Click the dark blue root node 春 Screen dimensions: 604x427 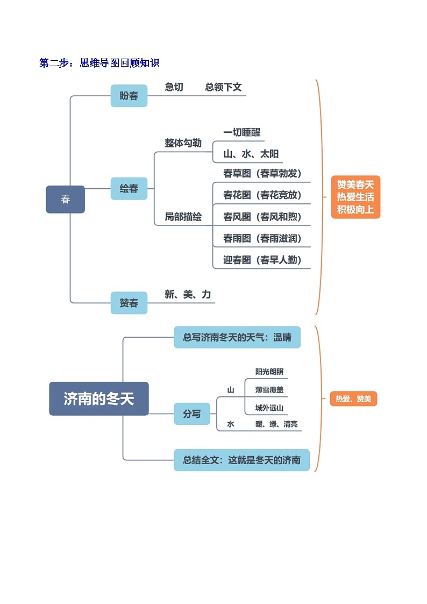point(65,200)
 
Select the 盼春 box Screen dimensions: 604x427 point(129,96)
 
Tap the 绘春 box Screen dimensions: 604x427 point(129,189)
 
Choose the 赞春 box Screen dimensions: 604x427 point(129,303)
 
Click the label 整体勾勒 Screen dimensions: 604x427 point(183,143)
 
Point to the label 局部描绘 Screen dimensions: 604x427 point(183,217)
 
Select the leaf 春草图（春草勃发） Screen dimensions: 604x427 point(262,174)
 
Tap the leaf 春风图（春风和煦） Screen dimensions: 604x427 point(262,217)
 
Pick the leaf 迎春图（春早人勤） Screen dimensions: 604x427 point(262,260)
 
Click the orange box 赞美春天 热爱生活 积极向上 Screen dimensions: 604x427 point(355,197)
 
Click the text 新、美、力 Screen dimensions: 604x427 point(188,295)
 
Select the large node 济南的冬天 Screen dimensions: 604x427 point(98,399)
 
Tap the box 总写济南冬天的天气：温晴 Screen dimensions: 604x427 point(237,337)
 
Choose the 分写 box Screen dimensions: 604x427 point(192,414)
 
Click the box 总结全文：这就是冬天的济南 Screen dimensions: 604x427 point(241,460)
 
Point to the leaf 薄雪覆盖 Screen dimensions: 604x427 point(269,390)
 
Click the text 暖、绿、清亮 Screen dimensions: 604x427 point(276,424)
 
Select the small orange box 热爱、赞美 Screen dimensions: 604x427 point(353,399)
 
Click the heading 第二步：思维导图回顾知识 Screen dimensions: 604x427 point(99,63)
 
